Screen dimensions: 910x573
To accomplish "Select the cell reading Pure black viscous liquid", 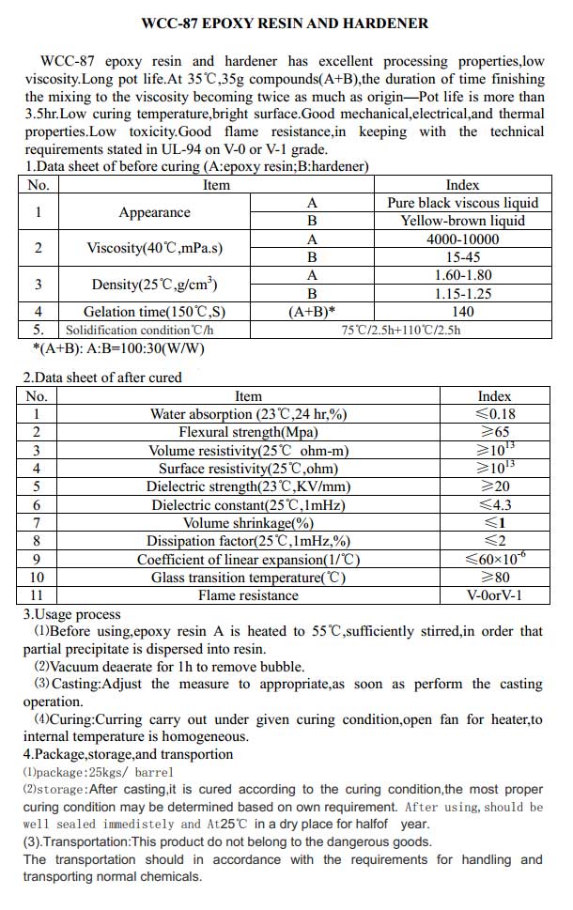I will coord(462,203).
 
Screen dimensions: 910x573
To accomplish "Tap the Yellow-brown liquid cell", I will coord(462,221).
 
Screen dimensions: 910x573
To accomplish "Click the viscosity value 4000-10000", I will coord(462,239).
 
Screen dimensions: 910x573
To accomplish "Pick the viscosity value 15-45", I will coord(462,256).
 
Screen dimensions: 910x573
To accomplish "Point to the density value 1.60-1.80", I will coord(462,275).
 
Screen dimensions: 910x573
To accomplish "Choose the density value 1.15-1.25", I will coord(462,293).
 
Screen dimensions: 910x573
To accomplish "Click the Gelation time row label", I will coord(154,312).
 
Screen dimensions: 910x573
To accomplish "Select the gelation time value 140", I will coord(462,312).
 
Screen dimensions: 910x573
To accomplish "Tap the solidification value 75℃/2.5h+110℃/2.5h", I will coord(401,330).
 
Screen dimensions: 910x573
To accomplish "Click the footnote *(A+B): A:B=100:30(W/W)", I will coord(118,347).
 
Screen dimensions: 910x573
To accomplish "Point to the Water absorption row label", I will coord(248,414).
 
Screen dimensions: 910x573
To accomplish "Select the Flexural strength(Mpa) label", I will coord(248,432).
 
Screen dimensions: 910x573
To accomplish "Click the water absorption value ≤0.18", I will coord(495,414).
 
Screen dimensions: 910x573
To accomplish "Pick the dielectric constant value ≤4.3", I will coord(495,505).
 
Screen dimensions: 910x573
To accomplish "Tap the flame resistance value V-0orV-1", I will coord(495,595).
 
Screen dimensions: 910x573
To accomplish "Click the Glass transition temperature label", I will coord(248,578).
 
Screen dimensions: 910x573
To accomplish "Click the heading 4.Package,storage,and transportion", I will coord(128,754).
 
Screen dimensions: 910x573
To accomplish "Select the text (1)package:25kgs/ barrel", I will coord(85,771).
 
